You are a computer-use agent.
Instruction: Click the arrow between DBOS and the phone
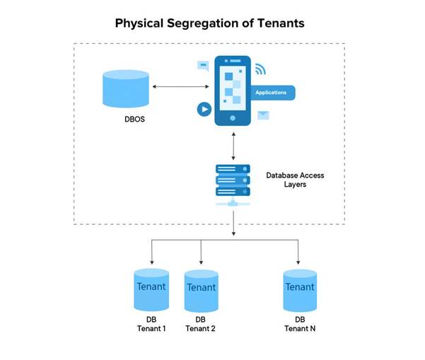coord(180,86)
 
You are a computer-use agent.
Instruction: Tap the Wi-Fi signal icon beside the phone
coord(261,69)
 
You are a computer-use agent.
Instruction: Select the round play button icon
coord(204,110)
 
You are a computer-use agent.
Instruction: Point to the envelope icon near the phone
coord(263,115)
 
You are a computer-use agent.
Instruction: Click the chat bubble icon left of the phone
coord(203,65)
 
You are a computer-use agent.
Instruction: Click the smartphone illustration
coord(233,90)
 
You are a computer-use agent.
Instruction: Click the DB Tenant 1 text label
coord(151,324)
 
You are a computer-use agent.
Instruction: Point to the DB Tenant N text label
coord(300,324)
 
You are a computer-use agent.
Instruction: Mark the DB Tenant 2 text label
coord(201,324)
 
